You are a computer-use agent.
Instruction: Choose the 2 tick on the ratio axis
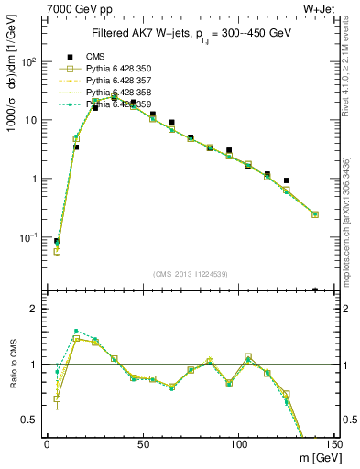click(34, 309)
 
